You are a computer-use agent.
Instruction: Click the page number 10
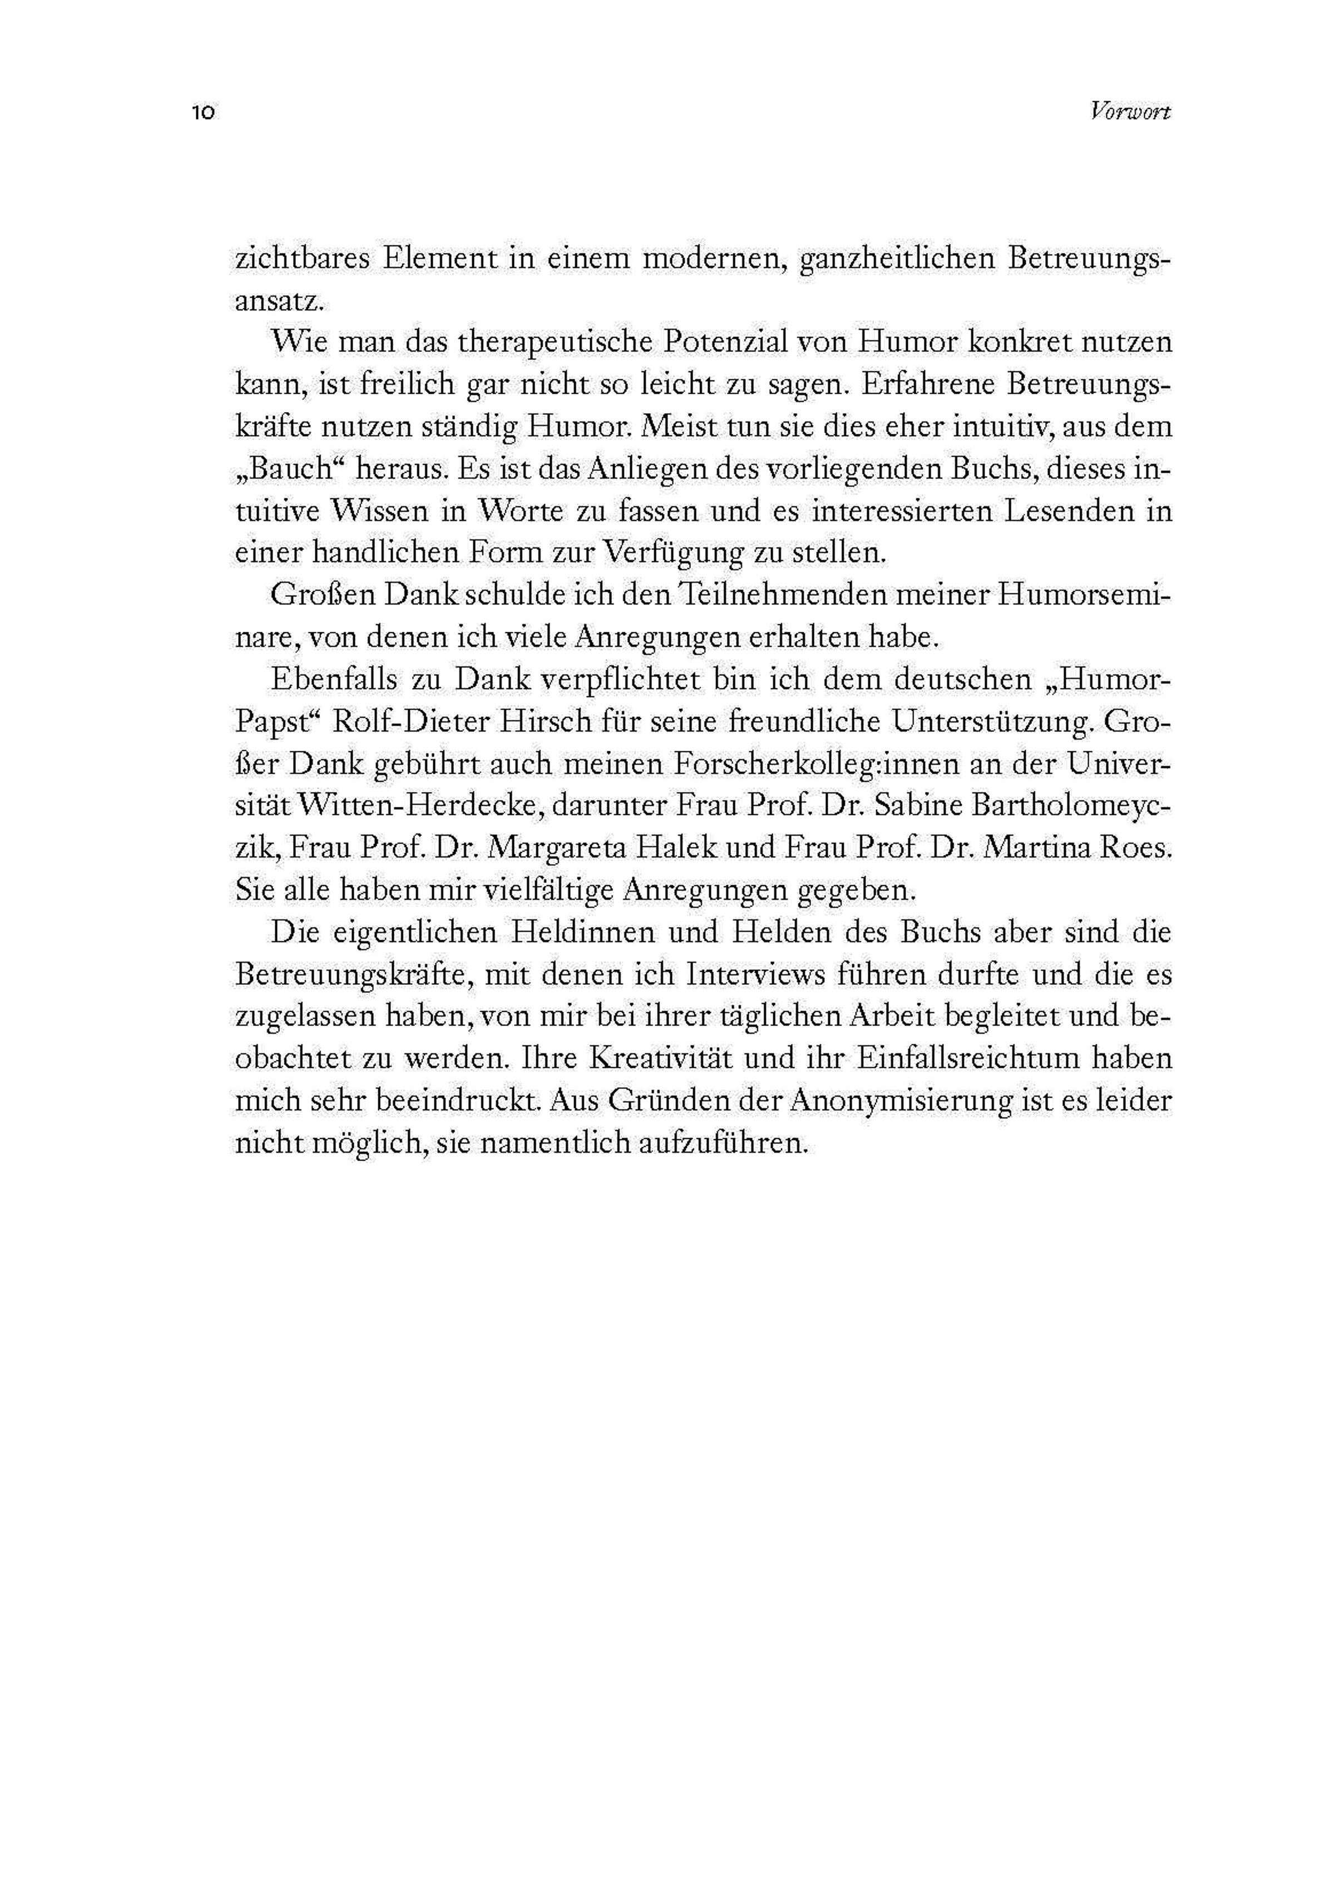pos(203,113)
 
